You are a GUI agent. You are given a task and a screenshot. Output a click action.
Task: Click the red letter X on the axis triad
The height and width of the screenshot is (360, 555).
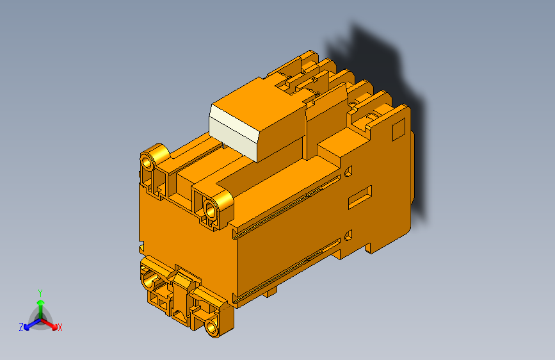pyautogui.click(x=60, y=327)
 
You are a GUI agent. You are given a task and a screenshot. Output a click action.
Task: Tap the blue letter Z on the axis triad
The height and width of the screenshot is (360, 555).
pyautogui.click(x=21, y=327)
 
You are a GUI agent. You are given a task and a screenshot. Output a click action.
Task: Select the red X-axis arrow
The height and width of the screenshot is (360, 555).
pyautogui.click(x=51, y=323)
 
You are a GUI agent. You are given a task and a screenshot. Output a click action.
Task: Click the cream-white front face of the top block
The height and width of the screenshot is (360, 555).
pyautogui.click(x=233, y=133)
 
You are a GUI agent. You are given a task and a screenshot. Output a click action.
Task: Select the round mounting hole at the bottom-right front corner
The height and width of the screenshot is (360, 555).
pyautogui.click(x=212, y=327)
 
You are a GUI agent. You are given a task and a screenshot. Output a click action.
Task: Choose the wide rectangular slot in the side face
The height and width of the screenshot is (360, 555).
pyautogui.click(x=360, y=197)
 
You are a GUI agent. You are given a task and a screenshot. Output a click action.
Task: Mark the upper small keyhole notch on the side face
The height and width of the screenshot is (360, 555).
pyautogui.click(x=348, y=172)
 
